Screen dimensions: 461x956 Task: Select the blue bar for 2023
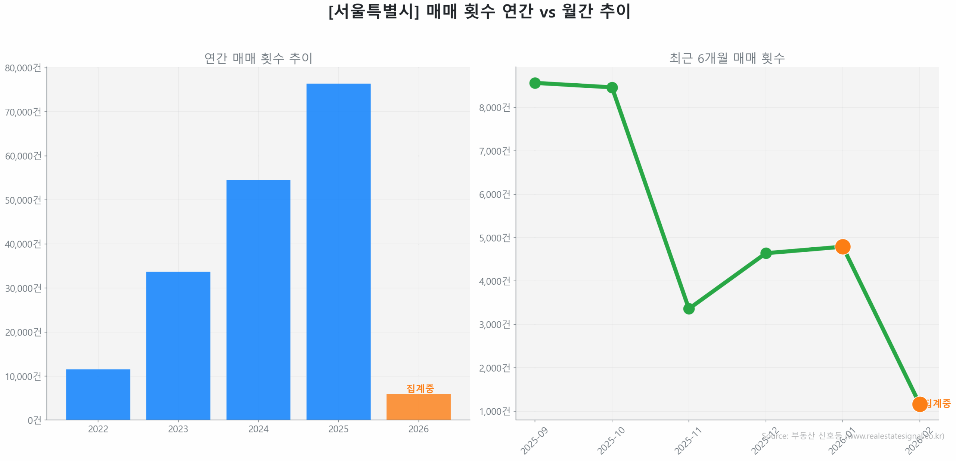(178, 345)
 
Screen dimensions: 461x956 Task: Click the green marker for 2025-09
(534, 83)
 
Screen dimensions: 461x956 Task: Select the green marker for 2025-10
(611, 87)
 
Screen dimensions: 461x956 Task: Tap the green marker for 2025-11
(688, 308)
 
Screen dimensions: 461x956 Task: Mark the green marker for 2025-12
(765, 253)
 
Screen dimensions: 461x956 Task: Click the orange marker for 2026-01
(842, 246)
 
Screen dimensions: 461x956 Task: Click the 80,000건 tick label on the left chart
(23, 68)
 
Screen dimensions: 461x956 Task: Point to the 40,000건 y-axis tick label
(23, 244)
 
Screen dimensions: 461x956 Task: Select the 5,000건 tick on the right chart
(494, 238)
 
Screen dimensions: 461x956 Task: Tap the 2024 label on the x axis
(258, 428)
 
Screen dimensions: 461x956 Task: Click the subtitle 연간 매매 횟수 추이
(258, 58)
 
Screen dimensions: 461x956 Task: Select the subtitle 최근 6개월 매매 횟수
(726, 58)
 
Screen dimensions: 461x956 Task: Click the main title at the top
(479, 11)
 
